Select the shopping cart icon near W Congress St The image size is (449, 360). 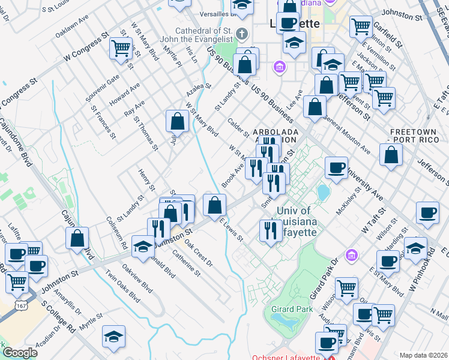pos(121,49)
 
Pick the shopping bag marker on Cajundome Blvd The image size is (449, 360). pos(78,238)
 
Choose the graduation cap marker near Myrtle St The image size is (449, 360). pos(113,338)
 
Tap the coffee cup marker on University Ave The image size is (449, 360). pos(336,168)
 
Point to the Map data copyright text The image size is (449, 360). pos(423,355)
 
